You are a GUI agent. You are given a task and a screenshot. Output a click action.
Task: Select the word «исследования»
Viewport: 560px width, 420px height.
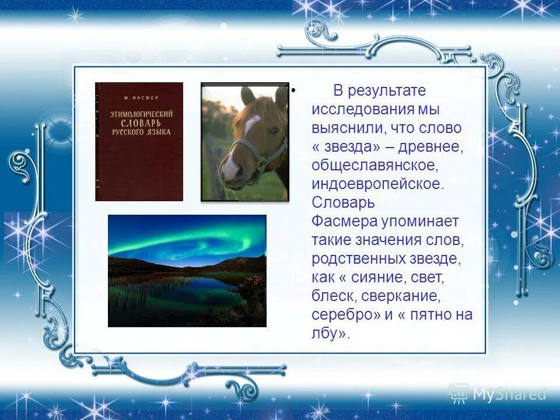coord(362,109)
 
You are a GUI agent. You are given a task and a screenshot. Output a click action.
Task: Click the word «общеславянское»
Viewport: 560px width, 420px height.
coord(374,165)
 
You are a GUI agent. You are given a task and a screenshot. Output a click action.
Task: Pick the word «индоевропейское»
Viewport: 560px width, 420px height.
coord(377,184)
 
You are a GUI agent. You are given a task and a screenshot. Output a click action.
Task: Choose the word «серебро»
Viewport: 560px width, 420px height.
coord(344,314)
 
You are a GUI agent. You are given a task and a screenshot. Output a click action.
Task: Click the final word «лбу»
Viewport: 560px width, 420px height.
coord(325,333)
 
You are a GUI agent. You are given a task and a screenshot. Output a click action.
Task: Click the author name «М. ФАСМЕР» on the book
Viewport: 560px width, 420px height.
coord(139,96)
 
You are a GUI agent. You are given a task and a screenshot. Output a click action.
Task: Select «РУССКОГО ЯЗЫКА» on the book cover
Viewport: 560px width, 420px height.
coord(139,133)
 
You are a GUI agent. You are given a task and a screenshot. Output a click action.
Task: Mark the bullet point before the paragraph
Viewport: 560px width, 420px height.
coord(293,91)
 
